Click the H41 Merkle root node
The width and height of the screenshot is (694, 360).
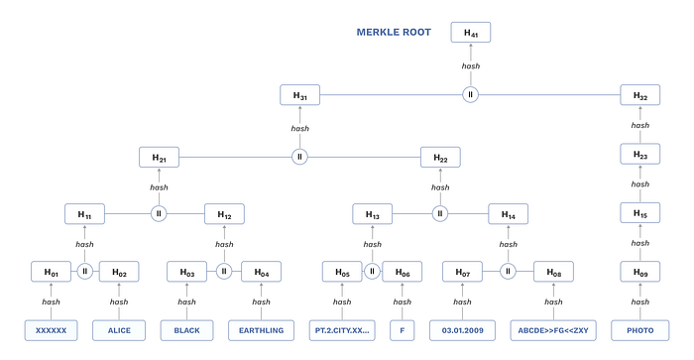pos(471,33)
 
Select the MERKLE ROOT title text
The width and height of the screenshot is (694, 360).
pos(394,33)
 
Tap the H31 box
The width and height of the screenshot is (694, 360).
pos(299,95)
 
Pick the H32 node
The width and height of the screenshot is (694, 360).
pos(640,95)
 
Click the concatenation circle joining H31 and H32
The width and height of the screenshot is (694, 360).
pos(471,95)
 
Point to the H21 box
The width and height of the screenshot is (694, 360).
pos(159,158)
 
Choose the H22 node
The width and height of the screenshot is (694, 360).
pos(440,158)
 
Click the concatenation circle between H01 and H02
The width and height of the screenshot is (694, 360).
pos(85,271)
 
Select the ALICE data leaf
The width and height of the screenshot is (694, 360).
pos(119,330)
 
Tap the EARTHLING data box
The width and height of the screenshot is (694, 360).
pos(261,330)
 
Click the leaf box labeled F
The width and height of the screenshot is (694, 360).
pos(403,330)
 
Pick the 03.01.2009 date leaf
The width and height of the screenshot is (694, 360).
pos(463,330)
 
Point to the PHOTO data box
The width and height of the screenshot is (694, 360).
pos(640,330)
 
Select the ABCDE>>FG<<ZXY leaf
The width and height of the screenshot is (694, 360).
pos(553,330)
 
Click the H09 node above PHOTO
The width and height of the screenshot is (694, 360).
pos(640,272)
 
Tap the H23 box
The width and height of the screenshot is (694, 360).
pos(640,154)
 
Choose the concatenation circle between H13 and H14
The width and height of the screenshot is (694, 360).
pos(440,214)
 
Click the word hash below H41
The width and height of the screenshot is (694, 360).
pos(471,66)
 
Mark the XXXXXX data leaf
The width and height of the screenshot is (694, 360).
pos(51,330)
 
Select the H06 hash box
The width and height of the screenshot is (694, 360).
pos(403,272)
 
